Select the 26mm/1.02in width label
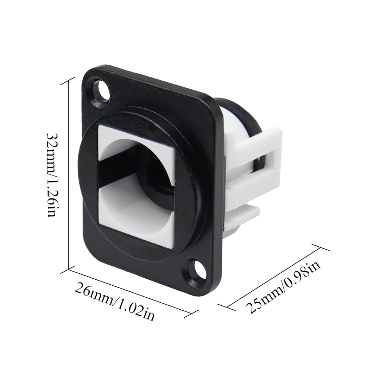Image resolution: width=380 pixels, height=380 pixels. (114, 301)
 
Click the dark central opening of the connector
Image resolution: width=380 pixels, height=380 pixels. (136, 173)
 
